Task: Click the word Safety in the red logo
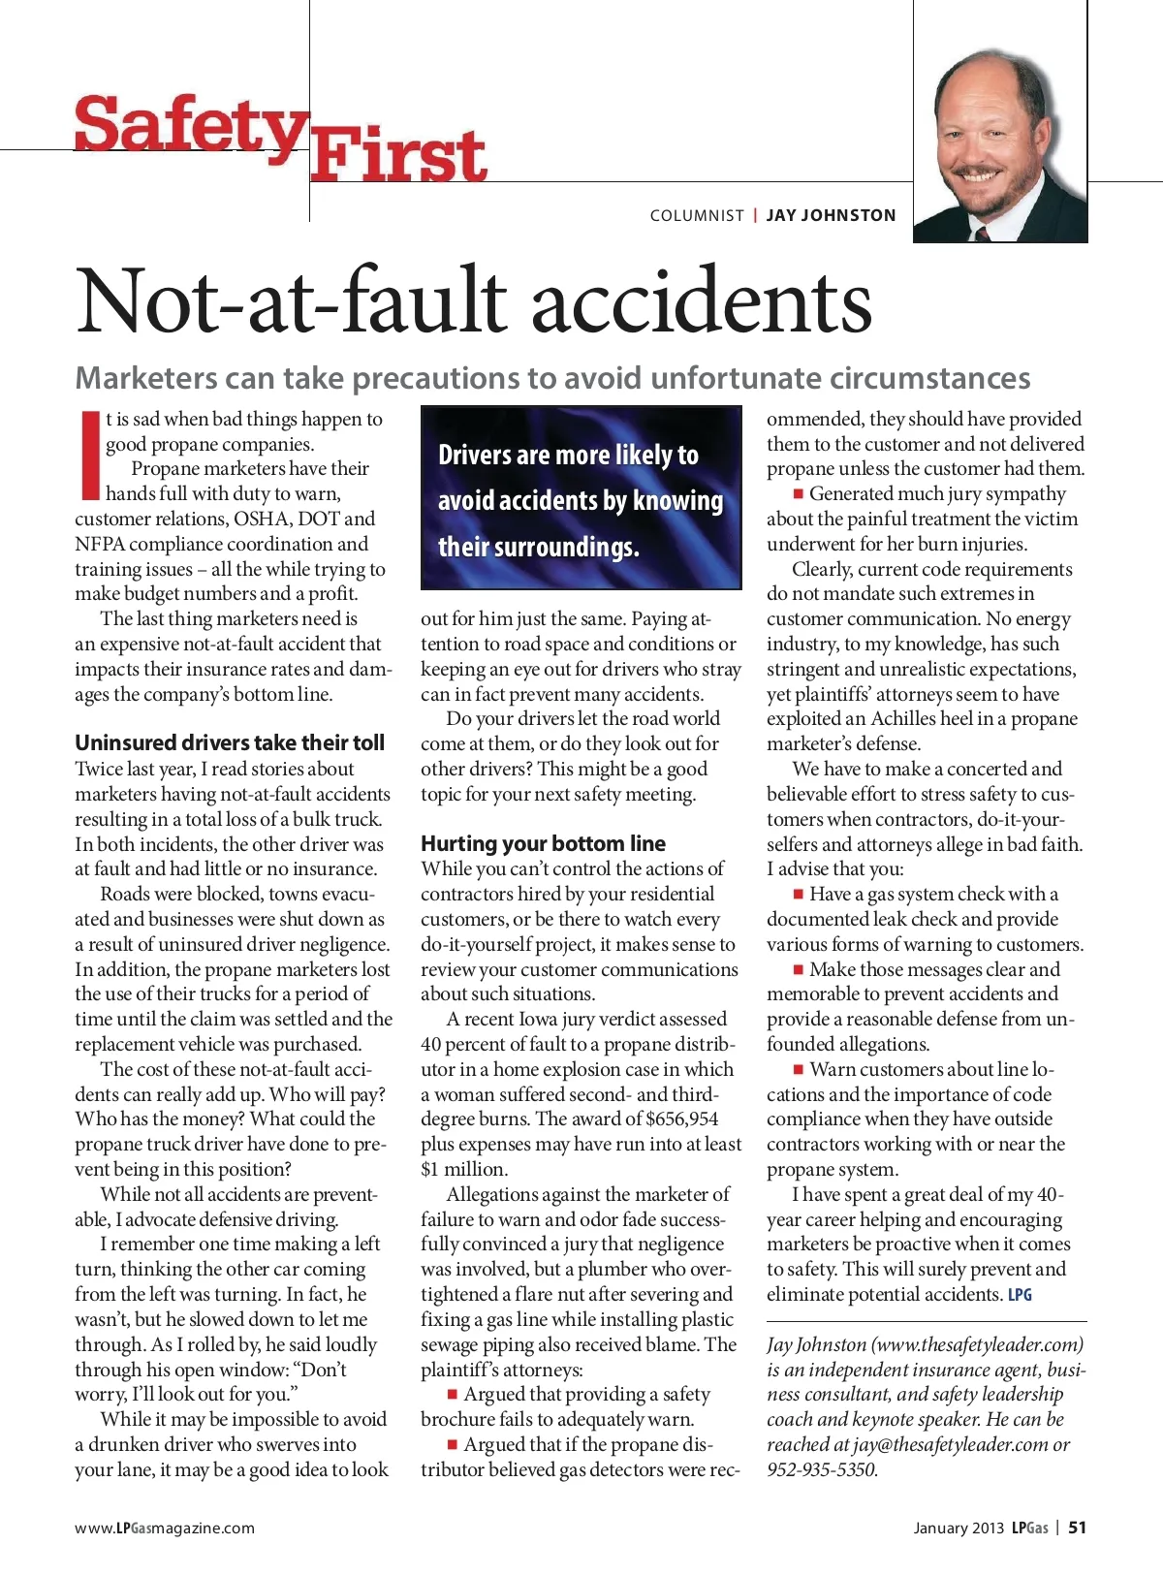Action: coord(190,125)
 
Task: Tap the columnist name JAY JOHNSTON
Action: coord(831,215)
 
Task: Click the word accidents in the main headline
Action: coord(701,300)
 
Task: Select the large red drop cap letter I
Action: coord(90,454)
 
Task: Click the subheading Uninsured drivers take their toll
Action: coord(230,742)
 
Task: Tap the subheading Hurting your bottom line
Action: coord(543,843)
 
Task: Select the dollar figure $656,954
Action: coord(682,1119)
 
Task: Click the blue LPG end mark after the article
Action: coord(1020,1295)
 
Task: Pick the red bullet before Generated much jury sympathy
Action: coord(799,494)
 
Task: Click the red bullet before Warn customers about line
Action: coord(799,1069)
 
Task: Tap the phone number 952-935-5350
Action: coord(822,1469)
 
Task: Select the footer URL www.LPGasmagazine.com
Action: coord(165,1529)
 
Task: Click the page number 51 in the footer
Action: coord(1077,1528)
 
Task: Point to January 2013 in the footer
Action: coord(958,1529)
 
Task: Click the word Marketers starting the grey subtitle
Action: coord(146,378)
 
